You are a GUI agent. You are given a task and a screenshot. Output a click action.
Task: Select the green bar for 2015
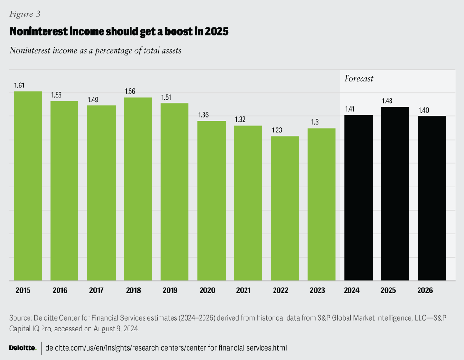[28, 186]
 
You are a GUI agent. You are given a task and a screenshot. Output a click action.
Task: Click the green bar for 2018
[138, 189]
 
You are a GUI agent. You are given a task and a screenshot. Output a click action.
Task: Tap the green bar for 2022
[285, 208]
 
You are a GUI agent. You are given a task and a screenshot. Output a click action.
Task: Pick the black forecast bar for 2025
[395, 194]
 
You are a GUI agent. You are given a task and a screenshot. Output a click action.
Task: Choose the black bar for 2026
[432, 198]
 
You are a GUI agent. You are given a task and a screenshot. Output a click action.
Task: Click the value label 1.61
[19, 86]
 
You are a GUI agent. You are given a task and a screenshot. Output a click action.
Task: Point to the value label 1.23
[276, 130]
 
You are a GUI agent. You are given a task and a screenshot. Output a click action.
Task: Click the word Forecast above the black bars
[359, 78]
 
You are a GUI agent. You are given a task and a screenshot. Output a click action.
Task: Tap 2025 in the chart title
[216, 32]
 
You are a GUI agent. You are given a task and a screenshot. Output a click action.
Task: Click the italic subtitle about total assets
[95, 50]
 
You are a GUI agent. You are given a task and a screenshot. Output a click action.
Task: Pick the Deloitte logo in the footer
[23, 348]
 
